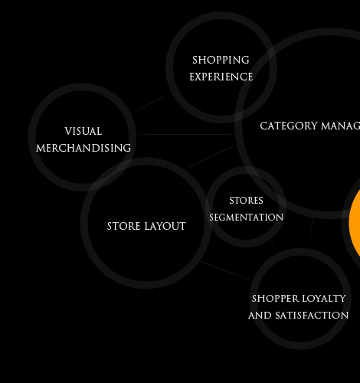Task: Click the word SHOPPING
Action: coord(221,61)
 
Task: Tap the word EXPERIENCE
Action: coord(221,77)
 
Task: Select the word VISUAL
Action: coord(83,132)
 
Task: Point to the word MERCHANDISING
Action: coord(83,148)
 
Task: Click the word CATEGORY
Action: coord(289,126)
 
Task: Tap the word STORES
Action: coord(246,201)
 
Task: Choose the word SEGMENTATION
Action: coord(246,218)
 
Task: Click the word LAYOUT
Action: coord(165,226)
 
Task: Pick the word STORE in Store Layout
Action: coord(124,226)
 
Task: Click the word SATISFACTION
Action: coord(312,316)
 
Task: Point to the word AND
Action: coord(260,316)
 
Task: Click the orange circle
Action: coord(355,221)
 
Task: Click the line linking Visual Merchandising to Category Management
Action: coord(185,134)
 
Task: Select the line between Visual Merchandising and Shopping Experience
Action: coord(152,102)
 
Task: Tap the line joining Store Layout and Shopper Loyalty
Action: coord(226,270)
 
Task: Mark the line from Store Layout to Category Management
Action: coord(211,156)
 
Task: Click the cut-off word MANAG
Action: coord(340,126)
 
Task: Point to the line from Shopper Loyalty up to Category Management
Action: coord(311,231)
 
